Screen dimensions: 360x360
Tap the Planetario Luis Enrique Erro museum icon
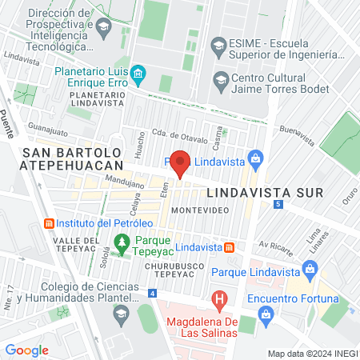coord(138,75)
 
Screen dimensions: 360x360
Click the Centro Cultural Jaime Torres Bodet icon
coord(220,79)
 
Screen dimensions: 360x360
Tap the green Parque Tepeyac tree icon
coord(122,240)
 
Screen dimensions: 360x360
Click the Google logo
coord(27,350)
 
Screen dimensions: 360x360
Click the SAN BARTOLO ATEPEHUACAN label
coord(72,158)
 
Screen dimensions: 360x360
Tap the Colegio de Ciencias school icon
coord(121,311)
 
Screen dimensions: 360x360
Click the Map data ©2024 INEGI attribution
coord(312,353)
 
